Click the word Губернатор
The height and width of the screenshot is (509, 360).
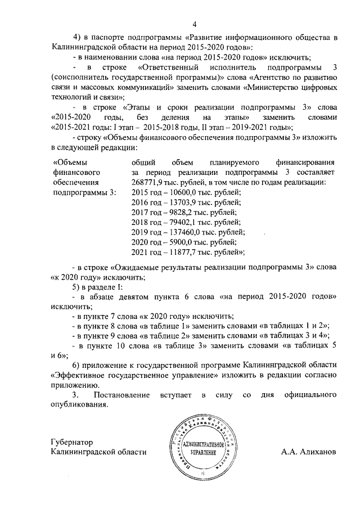click(71, 442)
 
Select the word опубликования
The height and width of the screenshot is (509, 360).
click(78, 404)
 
